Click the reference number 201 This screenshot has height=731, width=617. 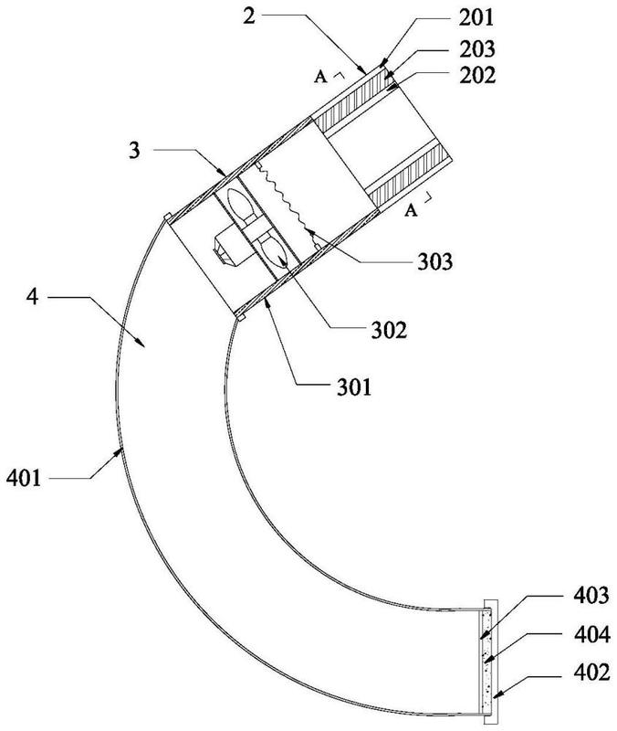pos(476,17)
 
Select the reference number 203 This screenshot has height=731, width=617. pos(476,49)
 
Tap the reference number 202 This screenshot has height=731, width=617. pos(477,75)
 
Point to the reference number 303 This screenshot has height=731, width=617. pos(434,261)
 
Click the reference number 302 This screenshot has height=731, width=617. pos(389,330)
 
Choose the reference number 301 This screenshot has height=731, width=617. pos(355,387)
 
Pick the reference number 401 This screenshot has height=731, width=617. pos(24,478)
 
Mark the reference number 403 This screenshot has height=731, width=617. pos(591,596)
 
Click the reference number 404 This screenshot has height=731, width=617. pos(591,634)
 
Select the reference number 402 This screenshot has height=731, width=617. pos(591,673)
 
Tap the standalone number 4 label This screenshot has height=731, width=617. pos(32,296)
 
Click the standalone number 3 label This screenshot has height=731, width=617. pos(134,150)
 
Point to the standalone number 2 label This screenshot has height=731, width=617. pos(249,16)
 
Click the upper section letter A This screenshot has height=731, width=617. pos(320,76)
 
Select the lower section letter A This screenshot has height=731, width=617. pos(410,211)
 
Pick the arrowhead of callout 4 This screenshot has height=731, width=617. pos(141,343)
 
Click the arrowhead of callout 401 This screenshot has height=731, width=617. pos(119,452)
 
